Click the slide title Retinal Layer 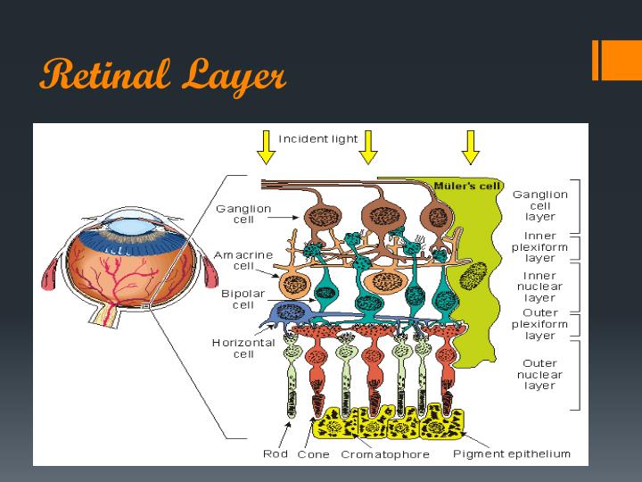tap(162, 75)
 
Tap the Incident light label tap(318, 139)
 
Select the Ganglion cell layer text tap(539, 205)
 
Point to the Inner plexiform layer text tap(539, 246)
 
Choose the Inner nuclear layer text tap(539, 287)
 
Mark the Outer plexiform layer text tap(539, 325)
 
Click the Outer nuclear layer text tap(539, 375)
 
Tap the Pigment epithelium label tap(511, 454)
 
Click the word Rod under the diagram tap(276, 454)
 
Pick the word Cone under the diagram tap(313, 454)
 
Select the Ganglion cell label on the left tap(243, 214)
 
